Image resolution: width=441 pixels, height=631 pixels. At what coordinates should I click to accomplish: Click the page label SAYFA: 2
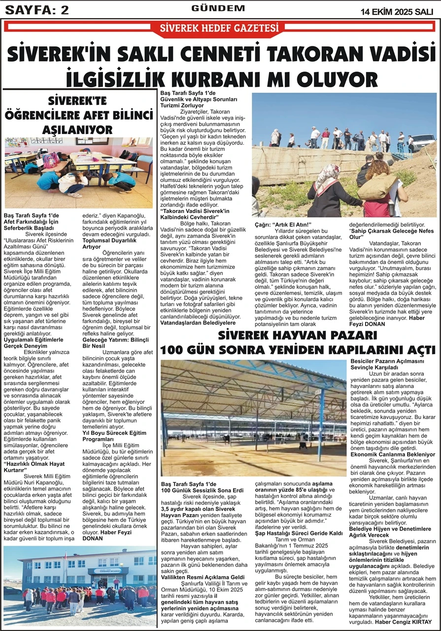[x=36, y=10]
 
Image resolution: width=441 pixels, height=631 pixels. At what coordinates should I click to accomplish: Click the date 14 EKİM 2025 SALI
[x=400, y=11]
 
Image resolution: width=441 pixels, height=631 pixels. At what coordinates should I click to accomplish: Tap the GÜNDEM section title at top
[x=218, y=8]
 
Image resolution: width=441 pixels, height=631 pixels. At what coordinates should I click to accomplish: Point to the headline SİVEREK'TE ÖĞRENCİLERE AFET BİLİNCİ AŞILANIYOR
[x=79, y=115]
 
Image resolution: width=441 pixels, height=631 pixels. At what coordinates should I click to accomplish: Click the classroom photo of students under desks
[x=79, y=172]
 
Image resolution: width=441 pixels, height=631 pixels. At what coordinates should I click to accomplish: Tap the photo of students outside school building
[x=80, y=586]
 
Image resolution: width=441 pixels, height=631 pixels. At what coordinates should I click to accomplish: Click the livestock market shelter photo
[x=253, y=418]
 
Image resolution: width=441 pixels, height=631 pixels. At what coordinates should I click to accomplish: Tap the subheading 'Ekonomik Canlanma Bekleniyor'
[x=393, y=454]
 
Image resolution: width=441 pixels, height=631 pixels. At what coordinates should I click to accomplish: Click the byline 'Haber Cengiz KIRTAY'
[x=407, y=622]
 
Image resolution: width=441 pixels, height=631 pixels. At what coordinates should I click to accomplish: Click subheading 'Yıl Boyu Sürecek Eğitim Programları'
[x=114, y=436]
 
